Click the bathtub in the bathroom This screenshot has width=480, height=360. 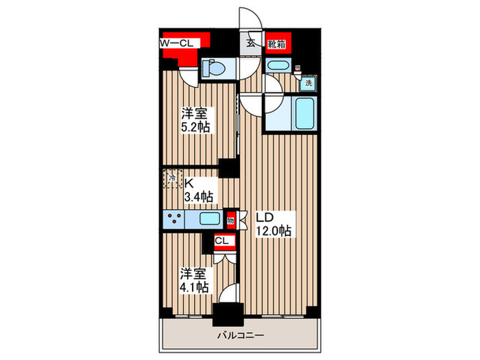click(x=302, y=112)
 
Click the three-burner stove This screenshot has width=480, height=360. click(x=175, y=219)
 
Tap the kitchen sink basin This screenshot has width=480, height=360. click(x=208, y=219)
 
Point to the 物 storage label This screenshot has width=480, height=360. click(x=231, y=220)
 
